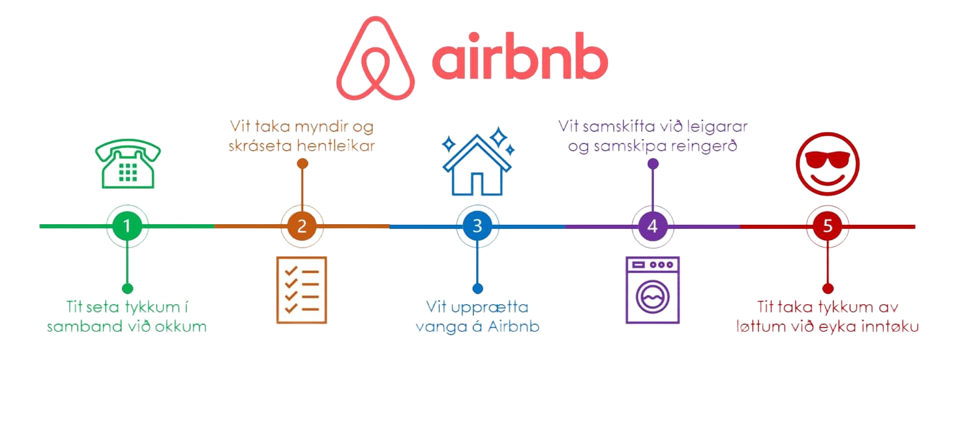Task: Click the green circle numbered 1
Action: click(x=127, y=226)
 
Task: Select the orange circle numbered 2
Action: click(x=302, y=226)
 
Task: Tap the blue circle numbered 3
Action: click(x=477, y=226)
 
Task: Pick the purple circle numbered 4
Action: click(x=653, y=226)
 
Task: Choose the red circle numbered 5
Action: click(x=828, y=226)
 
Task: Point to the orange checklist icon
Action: click(x=302, y=290)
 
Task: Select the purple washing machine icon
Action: click(x=653, y=290)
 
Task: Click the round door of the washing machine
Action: click(x=653, y=298)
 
